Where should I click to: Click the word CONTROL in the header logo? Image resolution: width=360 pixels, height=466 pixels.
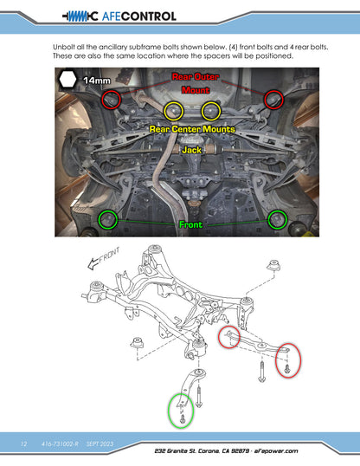[x=149, y=16]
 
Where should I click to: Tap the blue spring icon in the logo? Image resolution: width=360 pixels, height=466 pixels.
[x=78, y=16]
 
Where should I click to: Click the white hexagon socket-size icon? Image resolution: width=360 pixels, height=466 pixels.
[x=67, y=80]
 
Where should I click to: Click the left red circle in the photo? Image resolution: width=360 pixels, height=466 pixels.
[x=102, y=100]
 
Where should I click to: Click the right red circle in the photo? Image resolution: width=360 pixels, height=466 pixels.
[x=264, y=100]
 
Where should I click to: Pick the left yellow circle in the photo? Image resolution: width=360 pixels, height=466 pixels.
[x=164, y=111]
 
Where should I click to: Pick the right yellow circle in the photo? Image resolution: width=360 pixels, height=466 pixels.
[x=202, y=111]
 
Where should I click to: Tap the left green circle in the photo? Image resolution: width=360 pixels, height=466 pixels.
[x=99, y=220]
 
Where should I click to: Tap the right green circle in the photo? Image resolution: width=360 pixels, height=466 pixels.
[x=268, y=220]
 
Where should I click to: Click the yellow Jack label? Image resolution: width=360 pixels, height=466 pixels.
[x=191, y=150]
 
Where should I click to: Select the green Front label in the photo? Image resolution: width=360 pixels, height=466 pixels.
[x=190, y=224]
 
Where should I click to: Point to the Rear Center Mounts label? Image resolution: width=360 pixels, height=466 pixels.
[x=192, y=129]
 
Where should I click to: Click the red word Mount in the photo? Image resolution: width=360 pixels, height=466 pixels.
[x=196, y=90]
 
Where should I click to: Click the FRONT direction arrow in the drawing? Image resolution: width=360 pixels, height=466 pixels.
[x=93, y=263]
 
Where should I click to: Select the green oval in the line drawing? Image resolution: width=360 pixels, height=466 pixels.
[x=169, y=410]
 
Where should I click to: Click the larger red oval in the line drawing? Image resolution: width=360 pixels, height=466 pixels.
[x=276, y=360]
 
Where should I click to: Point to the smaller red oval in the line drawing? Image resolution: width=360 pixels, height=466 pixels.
[x=219, y=337]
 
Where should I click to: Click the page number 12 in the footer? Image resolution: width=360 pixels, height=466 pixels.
[x=23, y=443]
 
